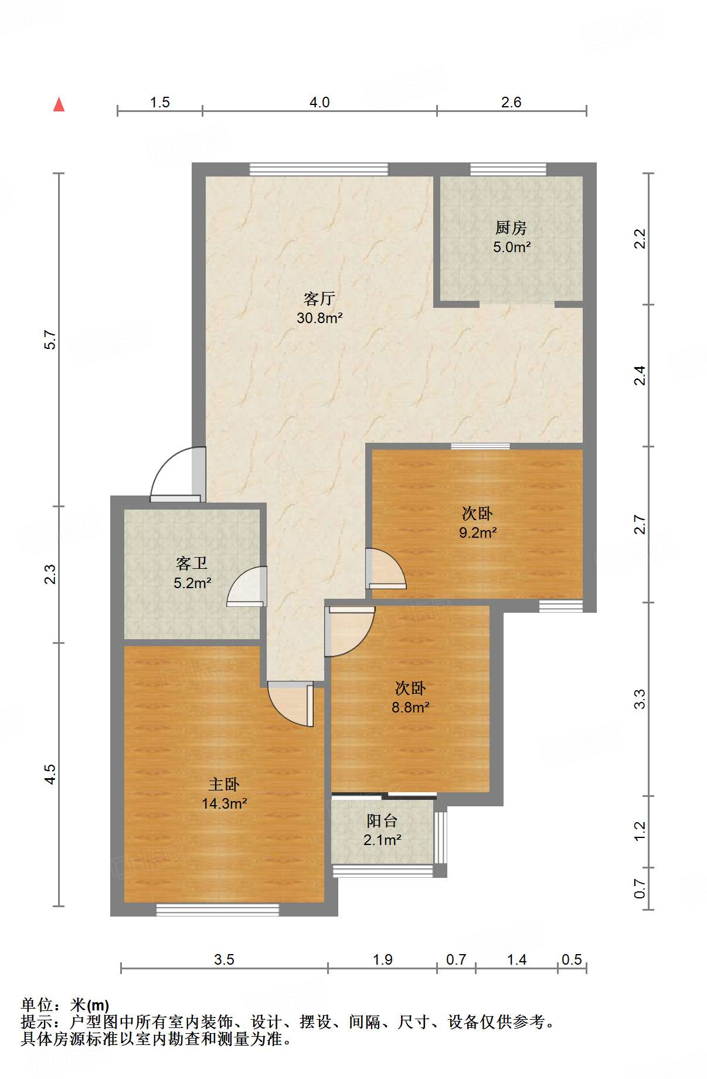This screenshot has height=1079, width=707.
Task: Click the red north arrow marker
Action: tap(59, 104)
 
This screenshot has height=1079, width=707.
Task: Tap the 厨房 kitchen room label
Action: tap(511, 227)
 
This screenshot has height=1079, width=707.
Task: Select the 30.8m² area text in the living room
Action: tap(319, 318)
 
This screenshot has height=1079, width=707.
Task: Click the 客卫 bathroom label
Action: tap(192, 564)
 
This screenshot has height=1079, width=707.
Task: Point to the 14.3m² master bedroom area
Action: tap(225, 803)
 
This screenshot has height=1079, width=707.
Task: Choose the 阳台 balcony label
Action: tap(382, 821)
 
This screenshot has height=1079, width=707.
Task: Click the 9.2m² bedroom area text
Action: tap(478, 532)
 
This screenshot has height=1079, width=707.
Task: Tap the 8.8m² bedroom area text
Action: tap(410, 707)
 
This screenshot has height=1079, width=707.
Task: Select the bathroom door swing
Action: tap(245, 586)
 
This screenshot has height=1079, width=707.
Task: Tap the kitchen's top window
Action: tap(508, 169)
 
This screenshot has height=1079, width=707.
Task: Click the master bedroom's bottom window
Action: tap(217, 910)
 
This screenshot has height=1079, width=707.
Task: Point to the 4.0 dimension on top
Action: tap(319, 102)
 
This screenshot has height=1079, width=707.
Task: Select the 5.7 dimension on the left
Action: tap(50, 340)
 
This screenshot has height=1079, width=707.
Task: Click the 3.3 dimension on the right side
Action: tap(640, 699)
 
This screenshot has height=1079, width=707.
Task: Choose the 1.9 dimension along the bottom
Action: tap(383, 959)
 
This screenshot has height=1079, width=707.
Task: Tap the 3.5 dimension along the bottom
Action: tap(224, 959)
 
